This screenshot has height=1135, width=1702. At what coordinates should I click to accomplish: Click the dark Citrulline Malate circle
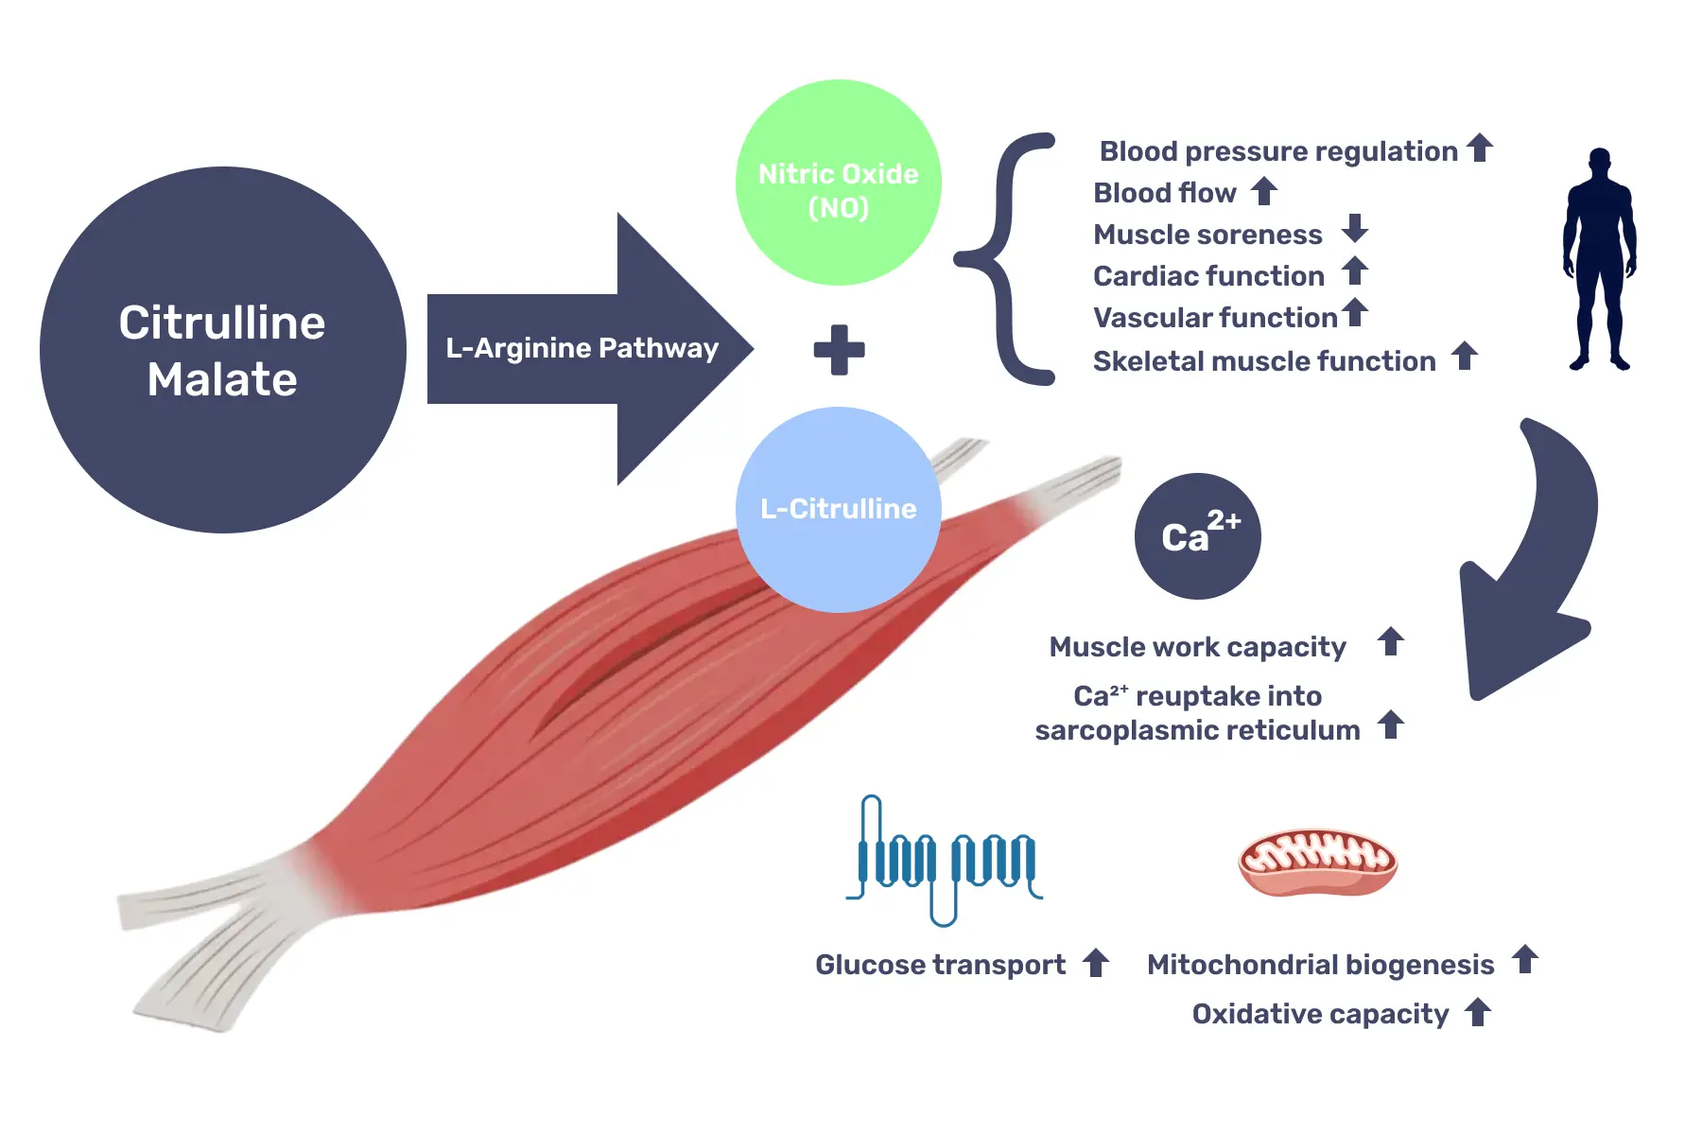point(223,350)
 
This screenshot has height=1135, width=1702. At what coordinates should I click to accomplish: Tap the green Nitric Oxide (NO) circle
point(839,183)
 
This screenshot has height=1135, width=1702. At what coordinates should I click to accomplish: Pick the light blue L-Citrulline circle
point(839,510)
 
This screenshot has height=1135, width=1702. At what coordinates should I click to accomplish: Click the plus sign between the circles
point(840,350)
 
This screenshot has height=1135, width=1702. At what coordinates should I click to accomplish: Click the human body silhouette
point(1600,258)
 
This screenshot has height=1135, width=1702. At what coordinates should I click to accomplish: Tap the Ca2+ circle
point(1198,536)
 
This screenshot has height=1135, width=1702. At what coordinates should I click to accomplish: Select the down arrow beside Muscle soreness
point(1355,228)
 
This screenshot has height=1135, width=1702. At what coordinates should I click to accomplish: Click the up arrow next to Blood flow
point(1264,190)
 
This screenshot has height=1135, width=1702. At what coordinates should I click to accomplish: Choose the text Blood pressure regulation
point(1278,151)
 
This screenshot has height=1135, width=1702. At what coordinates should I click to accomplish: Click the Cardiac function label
point(1208,276)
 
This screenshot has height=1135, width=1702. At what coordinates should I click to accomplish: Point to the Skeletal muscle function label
point(1264,361)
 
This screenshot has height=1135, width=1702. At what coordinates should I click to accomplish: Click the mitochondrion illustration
point(1318,863)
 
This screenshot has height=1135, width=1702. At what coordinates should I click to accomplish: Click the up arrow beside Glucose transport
point(1096,963)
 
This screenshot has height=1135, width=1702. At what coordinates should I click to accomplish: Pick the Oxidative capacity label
point(1320,1014)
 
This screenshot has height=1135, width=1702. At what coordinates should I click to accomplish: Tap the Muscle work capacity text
point(1197,647)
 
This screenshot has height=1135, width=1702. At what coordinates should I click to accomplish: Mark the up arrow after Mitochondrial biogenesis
point(1525,959)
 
